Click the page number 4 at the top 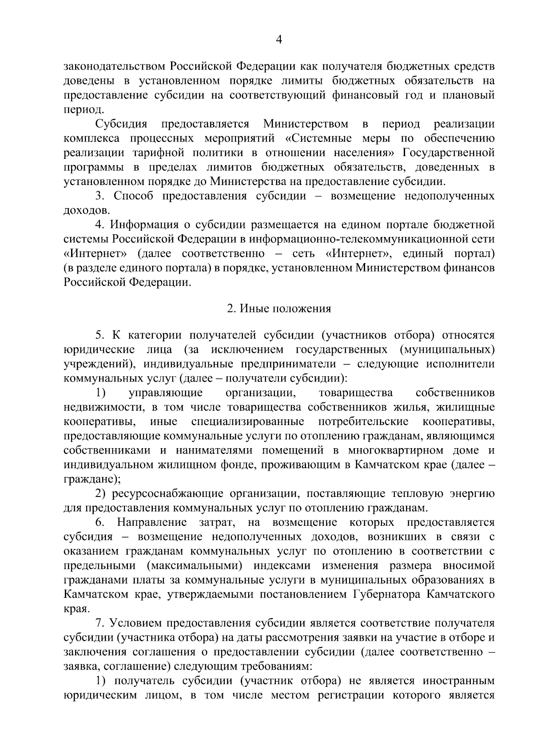(279, 40)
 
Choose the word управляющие (166, 393)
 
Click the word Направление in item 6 (152, 522)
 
